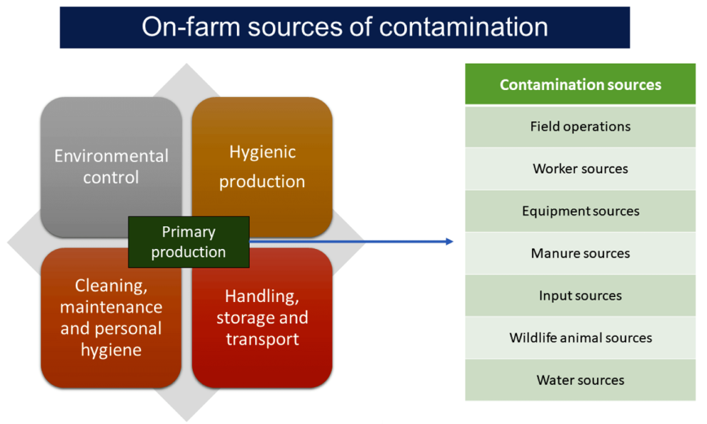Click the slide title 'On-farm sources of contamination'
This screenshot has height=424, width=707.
pyautogui.click(x=344, y=27)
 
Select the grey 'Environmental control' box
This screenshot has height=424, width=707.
pyautogui.click(x=111, y=166)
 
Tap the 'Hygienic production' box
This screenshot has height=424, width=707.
pyautogui.click(x=262, y=166)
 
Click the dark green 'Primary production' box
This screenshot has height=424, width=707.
pyautogui.click(x=189, y=242)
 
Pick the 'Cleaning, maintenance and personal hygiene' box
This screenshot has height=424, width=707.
pyautogui.click(x=111, y=318)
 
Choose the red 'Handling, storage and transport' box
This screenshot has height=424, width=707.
pyautogui.click(x=262, y=318)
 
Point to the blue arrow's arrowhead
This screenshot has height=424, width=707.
pyautogui.click(x=449, y=242)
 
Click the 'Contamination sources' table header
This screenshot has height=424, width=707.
pyautogui.click(x=580, y=84)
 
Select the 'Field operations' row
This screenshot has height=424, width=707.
pyautogui.click(x=580, y=126)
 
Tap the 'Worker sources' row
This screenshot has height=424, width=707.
pyautogui.click(x=580, y=168)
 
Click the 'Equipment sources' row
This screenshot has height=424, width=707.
pyautogui.click(x=580, y=211)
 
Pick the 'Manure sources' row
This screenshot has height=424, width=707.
pyautogui.click(x=580, y=253)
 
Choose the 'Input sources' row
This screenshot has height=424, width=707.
pyautogui.click(x=580, y=295)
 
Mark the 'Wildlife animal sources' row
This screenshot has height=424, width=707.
pyautogui.click(x=580, y=338)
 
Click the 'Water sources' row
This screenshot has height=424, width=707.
pyautogui.click(x=580, y=380)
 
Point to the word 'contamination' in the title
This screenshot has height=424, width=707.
pyautogui.click(x=463, y=27)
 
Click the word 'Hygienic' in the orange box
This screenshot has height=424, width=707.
pyautogui.click(x=262, y=152)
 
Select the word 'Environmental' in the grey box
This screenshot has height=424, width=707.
pyautogui.click(x=111, y=156)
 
